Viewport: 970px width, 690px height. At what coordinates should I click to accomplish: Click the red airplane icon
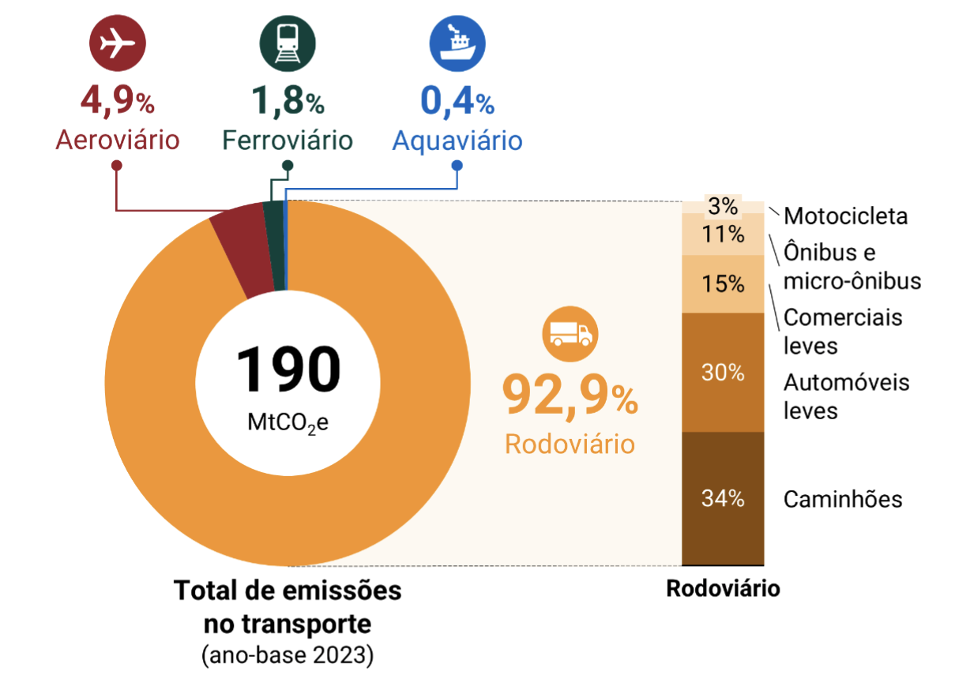click(x=118, y=44)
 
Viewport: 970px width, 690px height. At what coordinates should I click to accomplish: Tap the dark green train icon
click(x=287, y=44)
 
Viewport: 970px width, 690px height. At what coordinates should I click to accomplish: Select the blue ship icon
click(x=457, y=44)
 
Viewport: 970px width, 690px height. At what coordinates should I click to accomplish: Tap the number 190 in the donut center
click(x=288, y=369)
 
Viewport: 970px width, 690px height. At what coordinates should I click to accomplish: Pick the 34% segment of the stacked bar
click(x=723, y=498)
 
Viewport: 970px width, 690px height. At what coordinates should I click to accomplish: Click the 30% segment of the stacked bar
click(x=723, y=372)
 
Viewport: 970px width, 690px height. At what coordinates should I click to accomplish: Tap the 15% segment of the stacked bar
click(x=723, y=283)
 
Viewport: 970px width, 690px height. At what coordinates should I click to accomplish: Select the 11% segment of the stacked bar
click(x=723, y=234)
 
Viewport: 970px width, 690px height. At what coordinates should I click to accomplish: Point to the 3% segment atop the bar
click(x=723, y=207)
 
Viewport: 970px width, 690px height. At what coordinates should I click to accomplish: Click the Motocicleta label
click(x=845, y=216)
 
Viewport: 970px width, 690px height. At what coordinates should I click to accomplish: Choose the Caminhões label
click(x=842, y=499)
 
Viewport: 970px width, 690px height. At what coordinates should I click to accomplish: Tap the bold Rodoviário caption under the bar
click(x=723, y=589)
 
